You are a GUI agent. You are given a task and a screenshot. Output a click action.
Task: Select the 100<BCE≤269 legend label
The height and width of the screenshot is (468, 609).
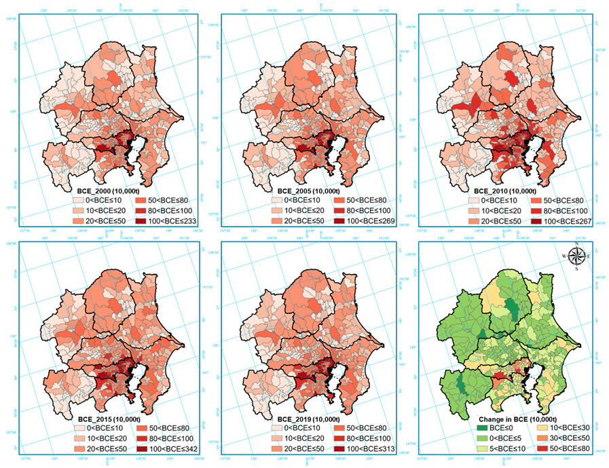(x=366, y=222)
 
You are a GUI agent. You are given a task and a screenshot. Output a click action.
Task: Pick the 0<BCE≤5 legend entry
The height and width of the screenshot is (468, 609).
(x=499, y=443)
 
